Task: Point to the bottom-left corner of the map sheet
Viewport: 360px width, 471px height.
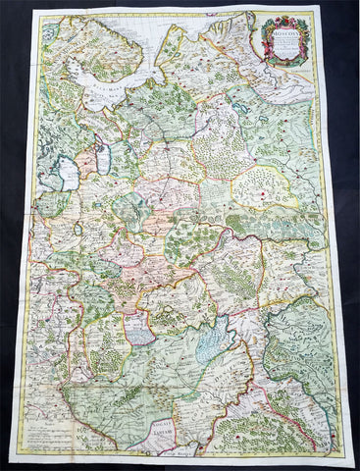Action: coord(11,459)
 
